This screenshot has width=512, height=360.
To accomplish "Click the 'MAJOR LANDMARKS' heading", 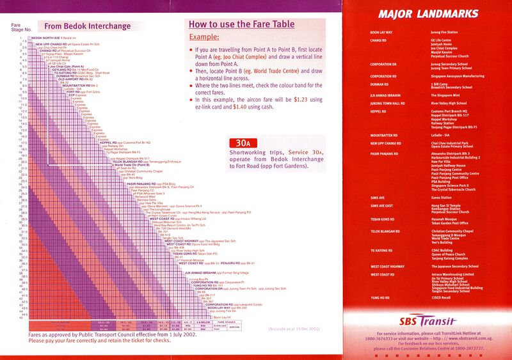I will point(427,13).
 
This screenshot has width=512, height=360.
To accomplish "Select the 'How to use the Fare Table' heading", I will point(243,24).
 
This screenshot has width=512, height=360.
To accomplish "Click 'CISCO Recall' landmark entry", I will point(440,297).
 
